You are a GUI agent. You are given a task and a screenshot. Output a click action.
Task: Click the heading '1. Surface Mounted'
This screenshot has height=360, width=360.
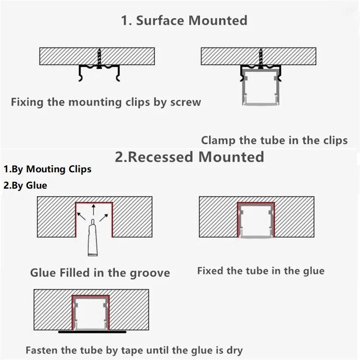click(185, 21)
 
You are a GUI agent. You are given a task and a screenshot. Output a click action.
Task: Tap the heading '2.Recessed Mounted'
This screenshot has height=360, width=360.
click(190, 156)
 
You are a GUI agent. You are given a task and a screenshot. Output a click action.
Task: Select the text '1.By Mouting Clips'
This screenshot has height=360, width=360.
click(48, 169)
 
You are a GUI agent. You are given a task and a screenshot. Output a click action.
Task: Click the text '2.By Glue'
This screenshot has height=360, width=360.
click(25, 185)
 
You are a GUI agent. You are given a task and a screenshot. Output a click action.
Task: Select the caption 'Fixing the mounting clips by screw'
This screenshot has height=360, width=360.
click(106, 102)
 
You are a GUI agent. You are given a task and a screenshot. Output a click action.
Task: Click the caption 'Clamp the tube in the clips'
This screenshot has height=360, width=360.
click(274, 140)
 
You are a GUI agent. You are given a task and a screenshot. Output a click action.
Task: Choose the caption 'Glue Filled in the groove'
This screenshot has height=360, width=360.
click(100, 273)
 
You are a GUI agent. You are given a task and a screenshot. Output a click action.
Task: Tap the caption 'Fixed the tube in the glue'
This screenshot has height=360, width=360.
click(261, 271)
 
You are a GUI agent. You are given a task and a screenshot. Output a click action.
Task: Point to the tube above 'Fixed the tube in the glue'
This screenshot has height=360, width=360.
click(256, 221)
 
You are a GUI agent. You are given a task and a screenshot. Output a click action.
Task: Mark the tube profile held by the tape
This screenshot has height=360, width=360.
click(91, 312)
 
